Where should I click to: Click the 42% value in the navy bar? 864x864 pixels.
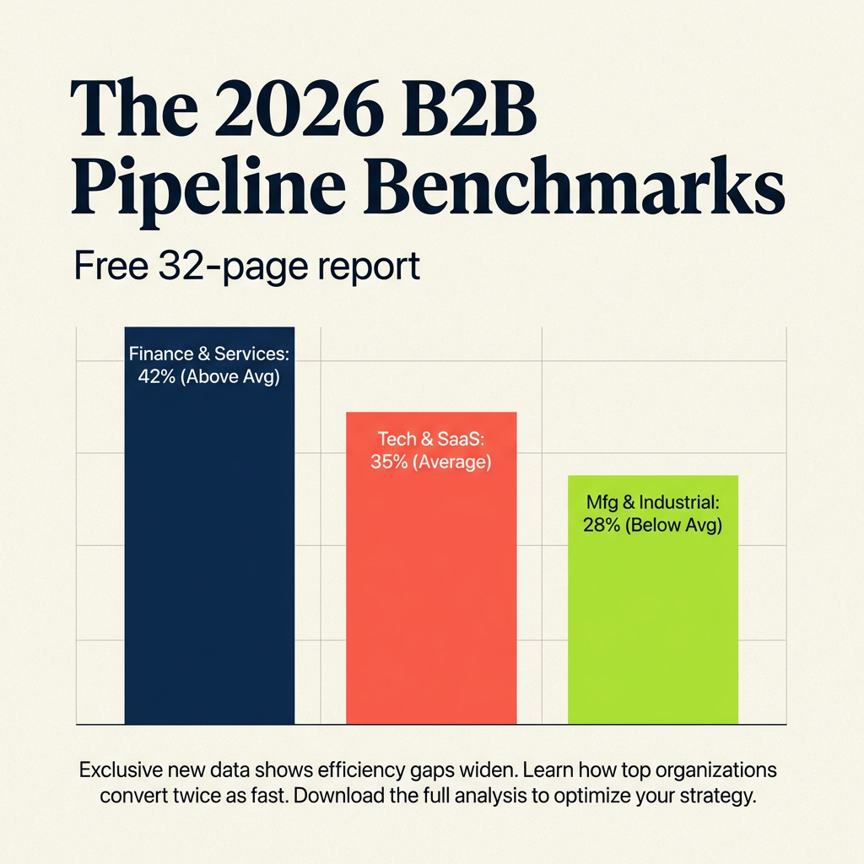pyautogui.click(x=154, y=376)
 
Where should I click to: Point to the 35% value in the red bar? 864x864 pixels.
pyautogui.click(x=387, y=462)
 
